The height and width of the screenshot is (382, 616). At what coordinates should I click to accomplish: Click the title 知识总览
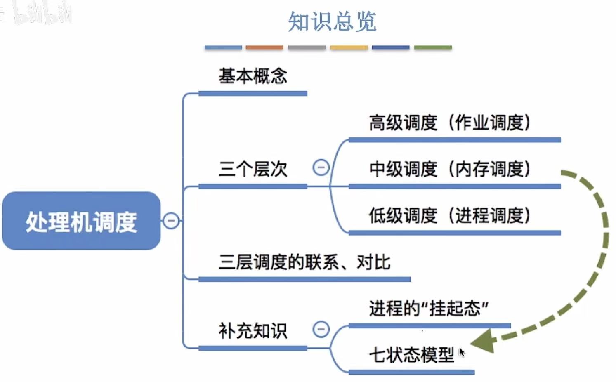click(332, 21)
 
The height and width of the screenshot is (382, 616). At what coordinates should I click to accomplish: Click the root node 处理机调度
click(81, 221)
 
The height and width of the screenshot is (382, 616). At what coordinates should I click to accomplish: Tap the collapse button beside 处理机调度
click(171, 221)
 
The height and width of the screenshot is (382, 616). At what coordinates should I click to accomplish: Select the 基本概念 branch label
click(253, 76)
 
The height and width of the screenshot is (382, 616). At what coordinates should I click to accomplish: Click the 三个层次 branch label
click(253, 169)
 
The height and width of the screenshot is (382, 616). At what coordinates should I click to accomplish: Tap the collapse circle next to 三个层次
click(321, 167)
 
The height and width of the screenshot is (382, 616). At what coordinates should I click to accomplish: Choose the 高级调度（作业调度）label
click(449, 123)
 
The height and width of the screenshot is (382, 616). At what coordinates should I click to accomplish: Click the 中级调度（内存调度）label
click(449, 169)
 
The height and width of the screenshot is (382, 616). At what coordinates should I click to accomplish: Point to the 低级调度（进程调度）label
click(449, 215)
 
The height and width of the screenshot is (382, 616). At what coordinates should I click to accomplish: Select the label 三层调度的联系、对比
click(304, 262)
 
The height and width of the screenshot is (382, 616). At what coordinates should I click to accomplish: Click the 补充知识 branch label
click(253, 331)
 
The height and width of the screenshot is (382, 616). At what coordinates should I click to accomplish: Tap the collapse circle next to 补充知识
click(321, 329)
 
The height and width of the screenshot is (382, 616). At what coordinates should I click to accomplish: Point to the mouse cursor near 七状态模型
click(461, 351)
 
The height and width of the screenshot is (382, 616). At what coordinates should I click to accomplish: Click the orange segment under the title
click(264, 48)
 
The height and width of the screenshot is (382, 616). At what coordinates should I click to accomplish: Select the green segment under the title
click(433, 48)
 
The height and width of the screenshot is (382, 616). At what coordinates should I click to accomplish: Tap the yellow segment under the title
click(349, 48)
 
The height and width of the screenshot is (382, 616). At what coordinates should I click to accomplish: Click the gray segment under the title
click(307, 48)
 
